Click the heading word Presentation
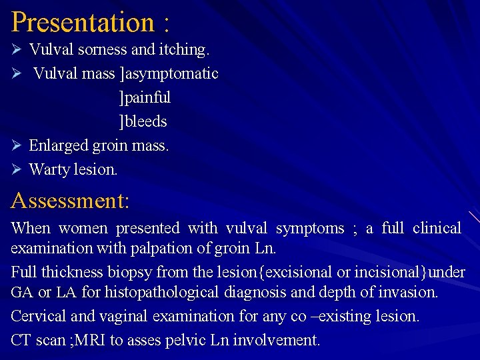pos(83,22)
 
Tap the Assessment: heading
pos(70,200)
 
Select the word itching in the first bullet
pos(182,49)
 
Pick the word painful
pos(147,97)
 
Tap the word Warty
pos(49,169)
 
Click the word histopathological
pos(164,292)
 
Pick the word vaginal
pos(118,316)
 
